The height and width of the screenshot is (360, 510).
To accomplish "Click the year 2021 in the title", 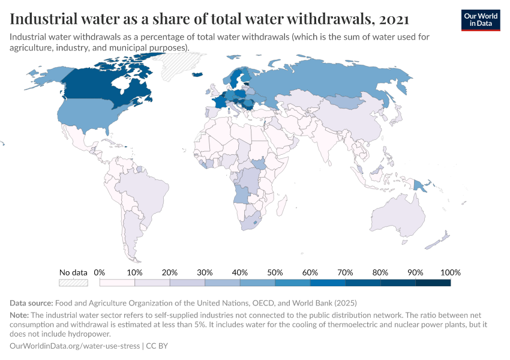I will pos(394,19).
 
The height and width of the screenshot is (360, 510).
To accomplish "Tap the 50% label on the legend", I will pos(275,272).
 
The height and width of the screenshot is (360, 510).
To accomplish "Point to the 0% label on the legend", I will pos(100,272).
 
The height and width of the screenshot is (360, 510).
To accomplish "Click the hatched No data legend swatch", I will pos(73,282).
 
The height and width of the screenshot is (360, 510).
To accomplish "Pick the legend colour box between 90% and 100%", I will pos(433,282).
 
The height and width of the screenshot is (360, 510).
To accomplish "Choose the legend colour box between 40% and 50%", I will pos(257,282).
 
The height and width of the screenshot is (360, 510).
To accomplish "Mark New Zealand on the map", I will pos(441,240).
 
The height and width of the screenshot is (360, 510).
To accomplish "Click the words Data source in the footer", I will pos(31,303).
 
